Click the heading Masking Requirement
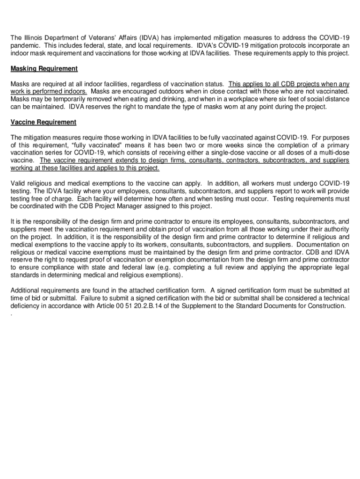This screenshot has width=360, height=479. (x=44, y=69)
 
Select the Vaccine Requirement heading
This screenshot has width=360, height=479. (x=43, y=122)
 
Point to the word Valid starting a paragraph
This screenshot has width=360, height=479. (x=18, y=183)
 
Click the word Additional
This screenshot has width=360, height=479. (x=25, y=290)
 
